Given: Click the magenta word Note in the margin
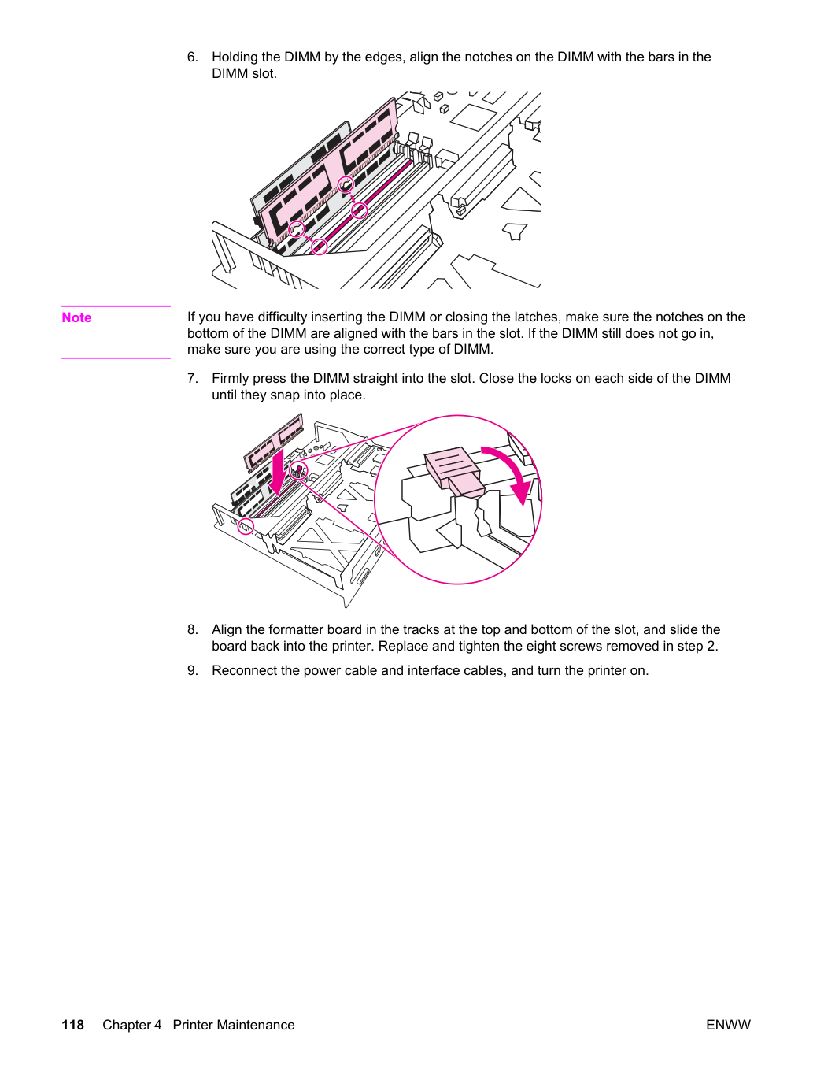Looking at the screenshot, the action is point(76,317).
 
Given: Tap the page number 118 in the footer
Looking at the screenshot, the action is point(73,1025).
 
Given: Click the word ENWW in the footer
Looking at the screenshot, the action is point(728,1025).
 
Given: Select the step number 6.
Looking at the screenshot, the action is point(192,57).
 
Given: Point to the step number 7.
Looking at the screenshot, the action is point(192,378).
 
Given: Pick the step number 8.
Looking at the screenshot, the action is point(192,629).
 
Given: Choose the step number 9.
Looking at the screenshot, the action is point(192,670).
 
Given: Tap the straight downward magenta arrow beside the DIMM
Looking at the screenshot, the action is point(279,473).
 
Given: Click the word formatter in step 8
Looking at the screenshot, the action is point(301,629).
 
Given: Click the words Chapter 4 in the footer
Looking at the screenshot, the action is point(132,1025).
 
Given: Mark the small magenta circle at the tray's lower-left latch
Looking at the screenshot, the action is point(245,526).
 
